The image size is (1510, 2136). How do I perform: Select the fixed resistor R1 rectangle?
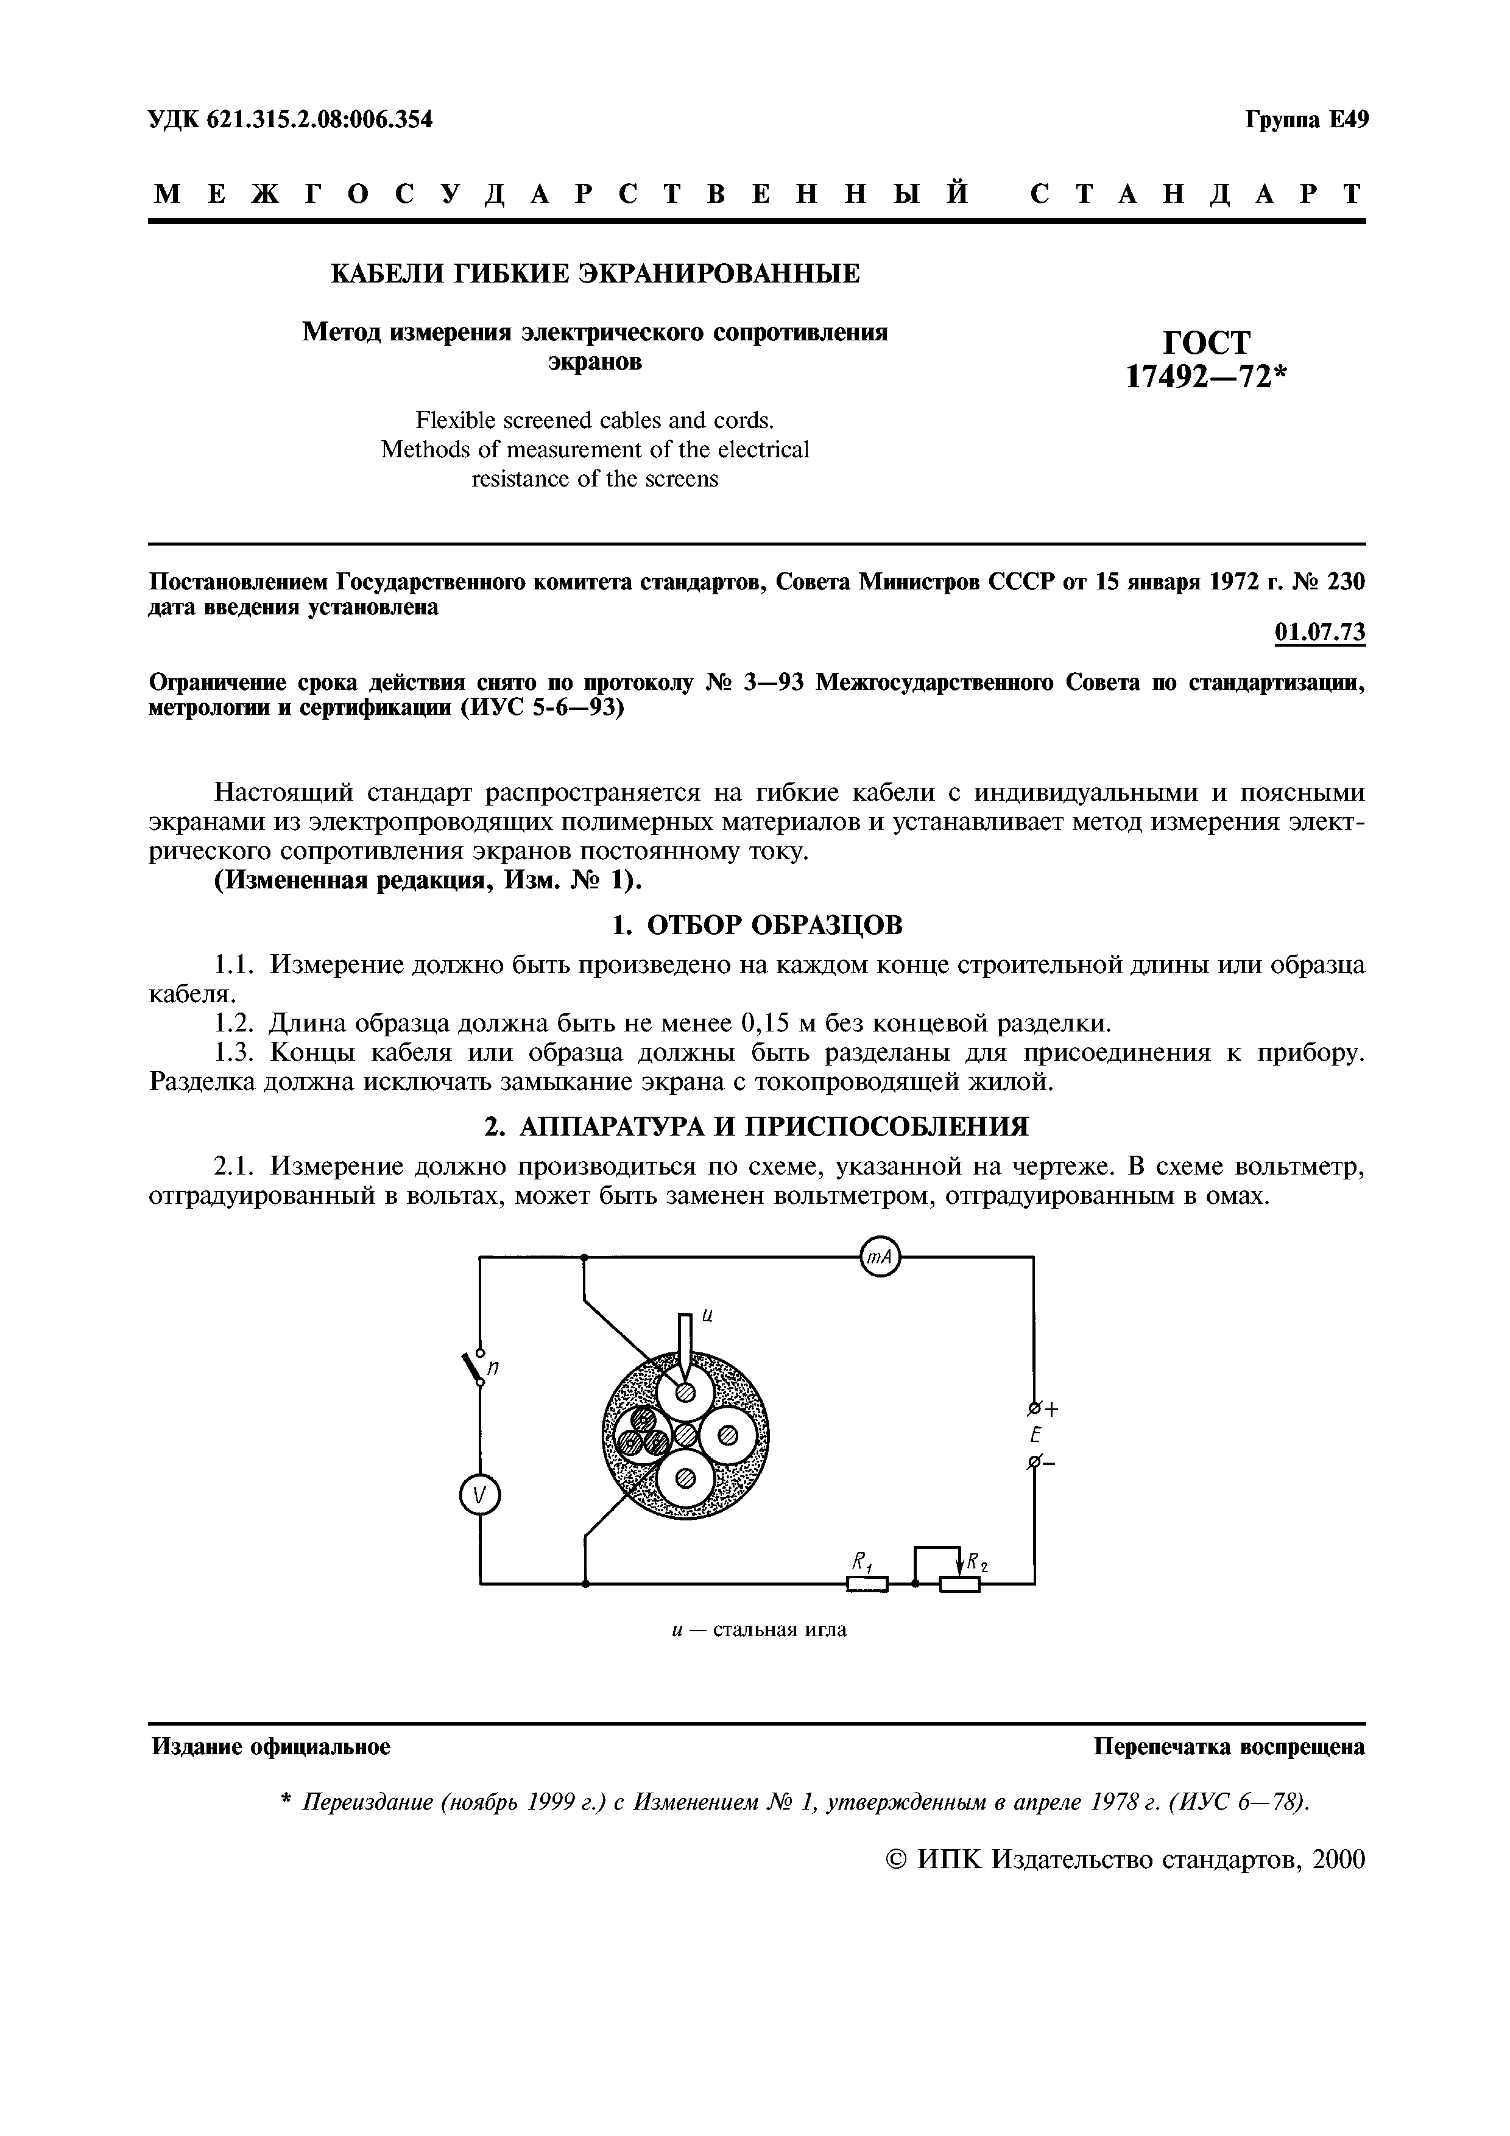pyautogui.click(x=867, y=1584)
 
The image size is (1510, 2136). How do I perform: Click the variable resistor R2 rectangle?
pyautogui.click(x=959, y=1584)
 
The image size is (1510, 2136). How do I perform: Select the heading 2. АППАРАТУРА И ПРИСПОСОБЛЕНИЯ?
pyautogui.click(x=757, y=1128)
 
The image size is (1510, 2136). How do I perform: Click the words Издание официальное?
pyautogui.click(x=270, y=1747)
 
